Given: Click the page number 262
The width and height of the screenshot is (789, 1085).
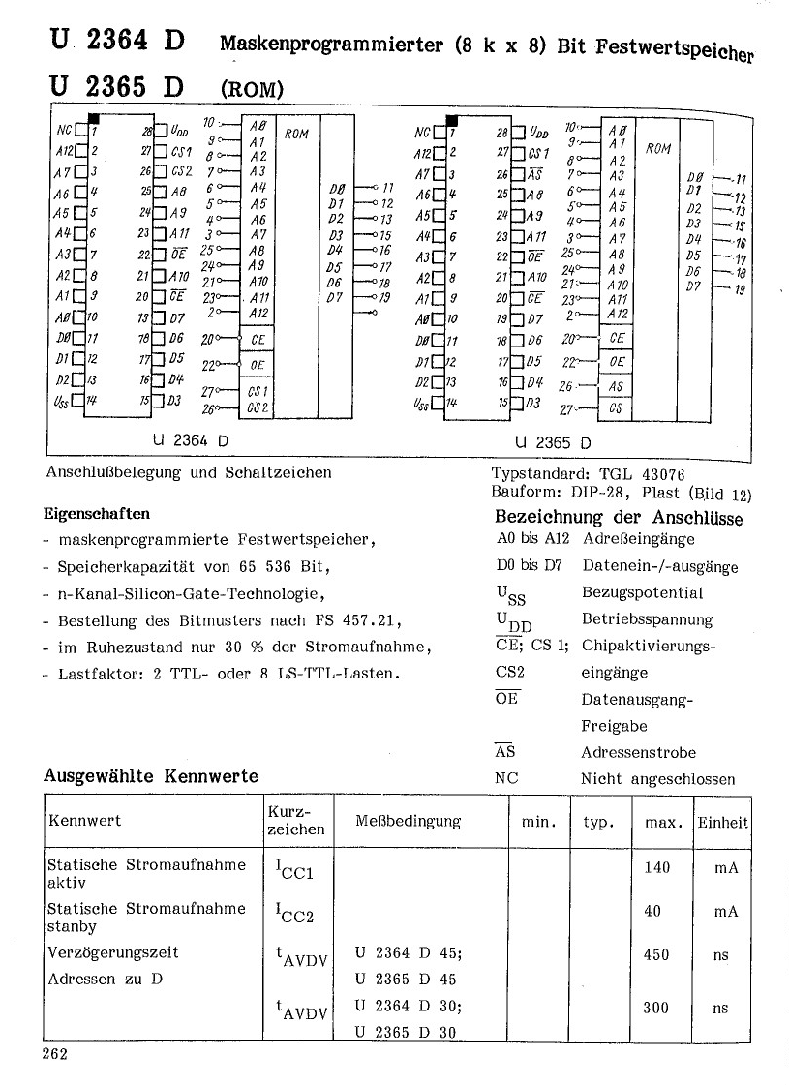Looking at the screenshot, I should point(54,1054).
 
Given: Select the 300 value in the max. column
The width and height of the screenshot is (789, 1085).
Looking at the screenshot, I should point(656,1008).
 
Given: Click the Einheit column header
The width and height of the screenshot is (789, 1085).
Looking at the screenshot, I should point(722,822).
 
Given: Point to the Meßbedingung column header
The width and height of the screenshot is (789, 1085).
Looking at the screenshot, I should point(409,821).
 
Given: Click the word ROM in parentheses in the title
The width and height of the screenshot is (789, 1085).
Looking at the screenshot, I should point(252,90).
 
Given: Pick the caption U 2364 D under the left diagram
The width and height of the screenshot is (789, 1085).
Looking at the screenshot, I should point(191,439).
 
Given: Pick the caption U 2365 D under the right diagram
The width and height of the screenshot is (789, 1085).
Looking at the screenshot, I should point(554,443).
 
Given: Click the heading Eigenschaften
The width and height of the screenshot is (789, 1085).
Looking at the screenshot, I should point(97,514).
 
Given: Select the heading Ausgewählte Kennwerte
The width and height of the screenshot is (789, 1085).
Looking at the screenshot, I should point(151,775).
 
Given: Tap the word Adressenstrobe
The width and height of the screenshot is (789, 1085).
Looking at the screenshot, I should point(638,752).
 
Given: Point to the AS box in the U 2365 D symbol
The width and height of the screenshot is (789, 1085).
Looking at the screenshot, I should point(617,385).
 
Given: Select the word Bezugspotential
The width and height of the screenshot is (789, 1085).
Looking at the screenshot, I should point(642,592).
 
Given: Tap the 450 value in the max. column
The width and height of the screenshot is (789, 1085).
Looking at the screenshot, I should point(656,954).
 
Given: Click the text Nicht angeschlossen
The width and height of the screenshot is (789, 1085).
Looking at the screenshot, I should point(657,778).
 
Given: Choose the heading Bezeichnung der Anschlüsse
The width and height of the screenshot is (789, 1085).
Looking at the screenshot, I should point(619,518).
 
